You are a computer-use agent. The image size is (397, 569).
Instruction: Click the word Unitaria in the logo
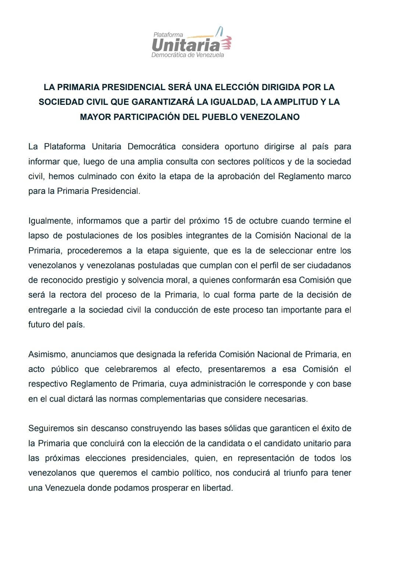[x=186, y=45]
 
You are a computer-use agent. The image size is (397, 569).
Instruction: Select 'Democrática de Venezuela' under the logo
[x=187, y=55]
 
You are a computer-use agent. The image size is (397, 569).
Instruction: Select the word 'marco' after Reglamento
[x=339, y=176]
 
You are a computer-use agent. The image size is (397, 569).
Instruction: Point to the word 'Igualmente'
[x=51, y=221]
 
